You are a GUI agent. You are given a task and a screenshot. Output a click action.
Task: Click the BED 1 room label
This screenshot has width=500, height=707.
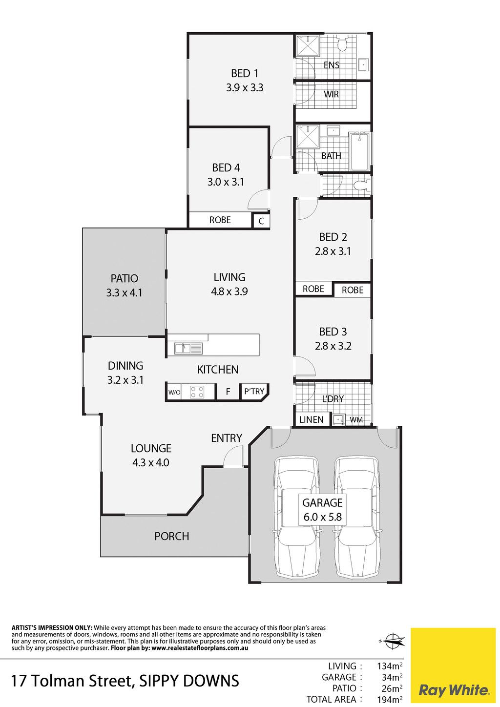(x=244, y=74)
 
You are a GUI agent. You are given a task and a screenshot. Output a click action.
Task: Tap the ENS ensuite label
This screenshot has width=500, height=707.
(x=332, y=65)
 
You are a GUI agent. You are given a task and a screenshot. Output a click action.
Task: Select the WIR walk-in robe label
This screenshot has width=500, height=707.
(x=332, y=94)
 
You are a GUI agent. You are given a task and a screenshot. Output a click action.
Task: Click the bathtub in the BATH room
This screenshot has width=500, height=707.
(x=359, y=151)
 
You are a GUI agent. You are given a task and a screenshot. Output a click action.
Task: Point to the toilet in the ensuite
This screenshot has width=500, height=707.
(x=342, y=44)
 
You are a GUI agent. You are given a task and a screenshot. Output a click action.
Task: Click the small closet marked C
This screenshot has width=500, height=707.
(x=261, y=221)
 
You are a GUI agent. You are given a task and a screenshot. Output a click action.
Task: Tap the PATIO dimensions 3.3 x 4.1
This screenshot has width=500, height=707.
(x=124, y=293)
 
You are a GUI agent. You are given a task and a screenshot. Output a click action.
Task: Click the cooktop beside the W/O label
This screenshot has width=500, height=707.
(x=197, y=392)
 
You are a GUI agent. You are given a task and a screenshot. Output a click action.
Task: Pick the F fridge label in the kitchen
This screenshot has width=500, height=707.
(x=228, y=392)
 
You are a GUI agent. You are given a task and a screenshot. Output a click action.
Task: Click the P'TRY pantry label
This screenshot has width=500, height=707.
(x=254, y=392)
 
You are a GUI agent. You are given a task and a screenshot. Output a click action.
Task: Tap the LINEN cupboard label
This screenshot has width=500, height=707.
(x=311, y=420)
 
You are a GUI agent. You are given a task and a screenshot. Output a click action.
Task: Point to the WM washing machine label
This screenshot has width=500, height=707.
(x=356, y=420)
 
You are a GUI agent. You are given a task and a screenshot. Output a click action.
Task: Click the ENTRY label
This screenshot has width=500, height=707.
(x=227, y=438)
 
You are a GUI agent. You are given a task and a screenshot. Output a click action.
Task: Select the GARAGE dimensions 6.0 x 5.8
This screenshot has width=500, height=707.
(x=323, y=517)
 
